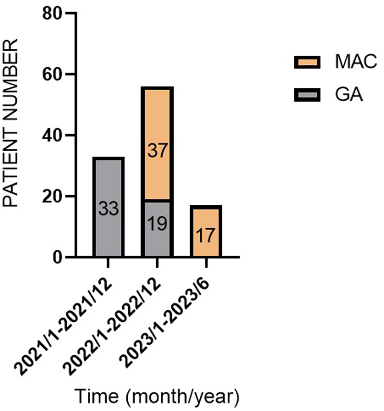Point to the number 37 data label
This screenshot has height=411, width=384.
coord(157,151)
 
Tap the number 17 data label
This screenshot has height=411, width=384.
coord(206,236)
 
